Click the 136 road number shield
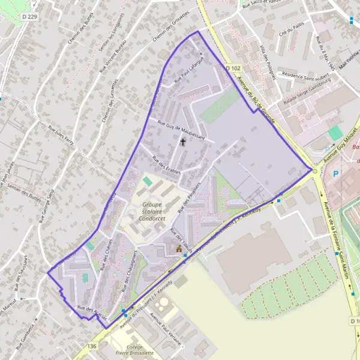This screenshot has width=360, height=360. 91,346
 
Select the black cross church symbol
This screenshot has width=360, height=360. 182,143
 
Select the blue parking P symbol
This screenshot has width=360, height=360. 336,173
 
